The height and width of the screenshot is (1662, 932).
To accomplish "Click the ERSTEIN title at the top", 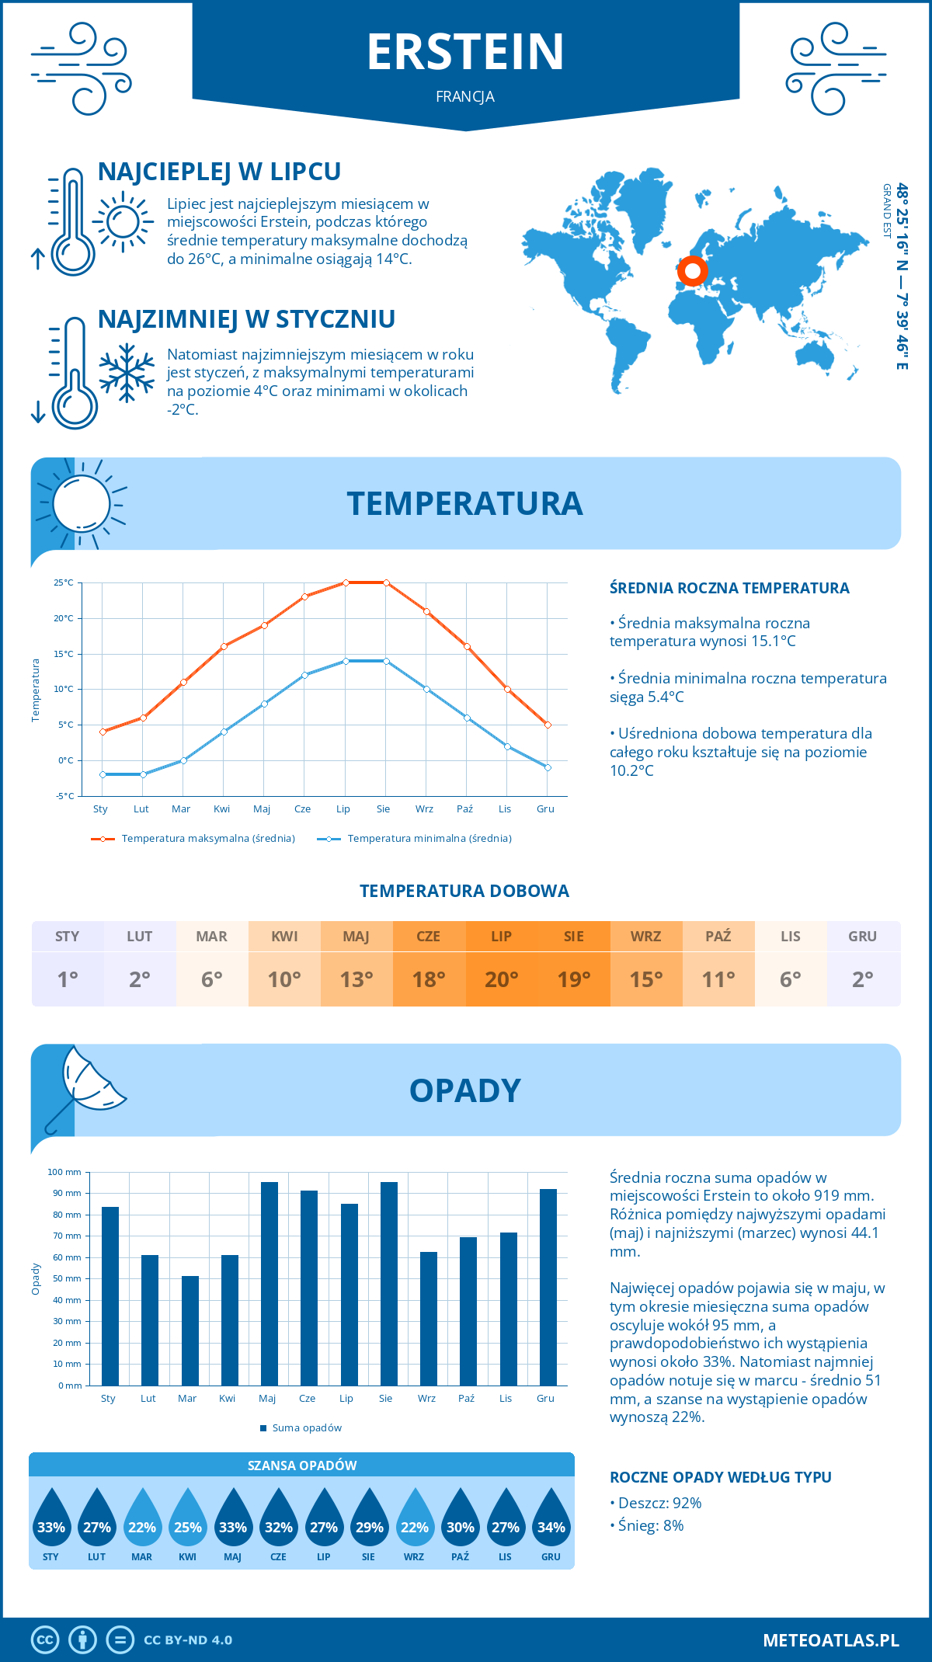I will tap(465, 52).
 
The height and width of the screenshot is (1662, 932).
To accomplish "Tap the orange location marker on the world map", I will tap(692, 272).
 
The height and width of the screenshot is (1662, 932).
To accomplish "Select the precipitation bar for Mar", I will tap(190, 1330).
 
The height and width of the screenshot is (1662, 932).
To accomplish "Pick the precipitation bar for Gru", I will tap(548, 1287).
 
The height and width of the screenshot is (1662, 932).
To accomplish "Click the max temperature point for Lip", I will tap(346, 582).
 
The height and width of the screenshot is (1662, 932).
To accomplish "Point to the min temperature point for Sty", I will tap(103, 774).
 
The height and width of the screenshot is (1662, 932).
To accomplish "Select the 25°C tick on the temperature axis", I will tap(64, 582).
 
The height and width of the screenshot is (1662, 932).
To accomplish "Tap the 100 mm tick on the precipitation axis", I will tap(64, 1172).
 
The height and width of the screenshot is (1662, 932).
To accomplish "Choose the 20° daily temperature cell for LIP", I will tap(501, 979).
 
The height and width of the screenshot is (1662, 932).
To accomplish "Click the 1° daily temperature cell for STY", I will tap(68, 979).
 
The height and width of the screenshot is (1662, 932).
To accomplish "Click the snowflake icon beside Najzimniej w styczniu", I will tap(127, 373).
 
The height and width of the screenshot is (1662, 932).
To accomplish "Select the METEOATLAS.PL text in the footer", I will tap(830, 1639).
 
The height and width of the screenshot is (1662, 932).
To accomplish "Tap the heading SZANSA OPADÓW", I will tap(302, 1466).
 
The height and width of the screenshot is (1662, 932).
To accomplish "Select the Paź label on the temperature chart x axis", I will tap(464, 808).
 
